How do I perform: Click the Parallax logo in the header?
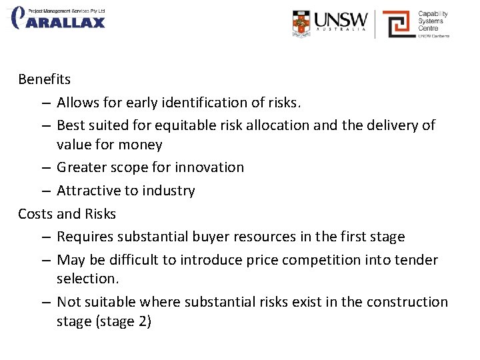(x=59, y=18)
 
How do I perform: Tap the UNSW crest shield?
(x=301, y=23)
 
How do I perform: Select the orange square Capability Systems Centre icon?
(x=398, y=24)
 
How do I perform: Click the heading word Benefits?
(x=44, y=79)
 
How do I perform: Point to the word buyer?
(x=208, y=237)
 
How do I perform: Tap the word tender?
(x=418, y=260)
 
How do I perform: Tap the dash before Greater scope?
(x=44, y=167)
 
